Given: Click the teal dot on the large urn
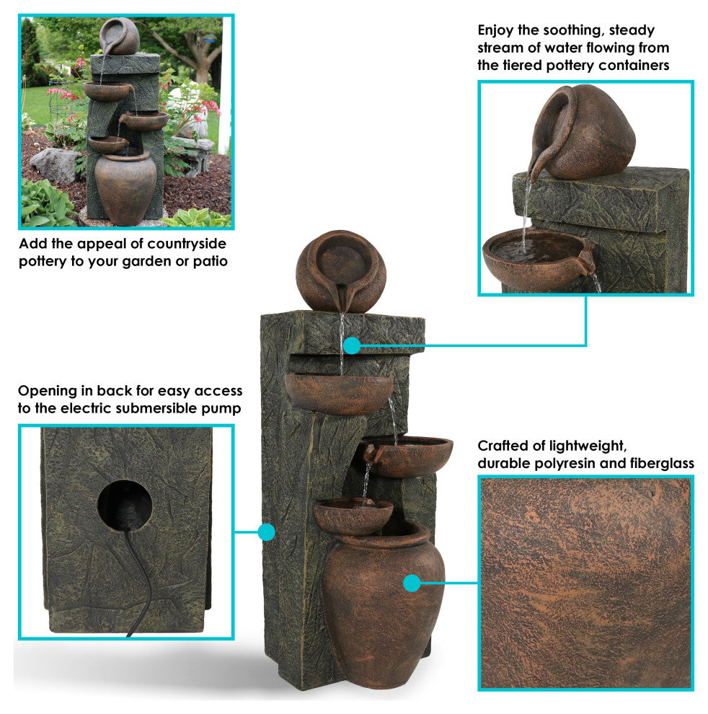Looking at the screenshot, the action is [412, 583].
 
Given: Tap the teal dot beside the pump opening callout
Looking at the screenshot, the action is [266, 532].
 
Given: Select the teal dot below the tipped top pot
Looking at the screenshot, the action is [352, 345].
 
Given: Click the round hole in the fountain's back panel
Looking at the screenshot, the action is [124, 505].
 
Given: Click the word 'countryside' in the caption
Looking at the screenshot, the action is [187, 244].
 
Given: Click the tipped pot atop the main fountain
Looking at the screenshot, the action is [340, 271].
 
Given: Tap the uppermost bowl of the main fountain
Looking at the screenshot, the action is [339, 392].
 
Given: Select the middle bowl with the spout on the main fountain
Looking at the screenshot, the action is [407, 455].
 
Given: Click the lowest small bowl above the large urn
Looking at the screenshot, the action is [353, 516].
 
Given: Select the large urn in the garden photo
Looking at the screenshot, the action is [125, 187].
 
